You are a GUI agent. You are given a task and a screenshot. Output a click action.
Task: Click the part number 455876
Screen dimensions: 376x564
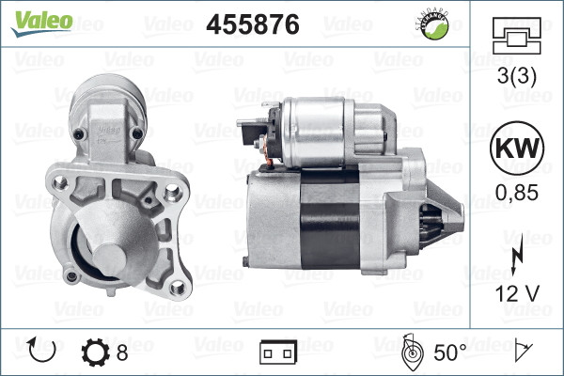pos(252,25)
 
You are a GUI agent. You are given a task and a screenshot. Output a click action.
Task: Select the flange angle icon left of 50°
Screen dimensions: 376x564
pos(410,352)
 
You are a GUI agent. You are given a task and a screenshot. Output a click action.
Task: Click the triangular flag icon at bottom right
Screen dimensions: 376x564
pos(522,352)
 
